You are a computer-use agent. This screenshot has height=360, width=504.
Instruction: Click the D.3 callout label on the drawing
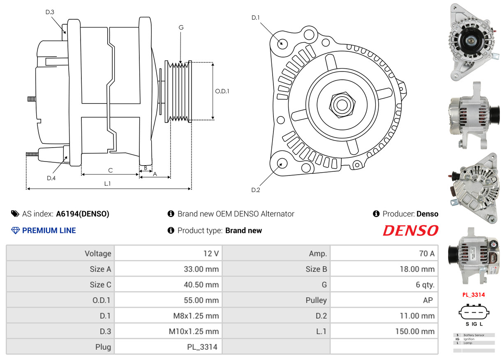(x=50, y=12)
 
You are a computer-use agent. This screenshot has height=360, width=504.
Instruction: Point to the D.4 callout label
(x=51, y=178)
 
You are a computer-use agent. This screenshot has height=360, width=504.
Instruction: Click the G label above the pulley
(x=181, y=28)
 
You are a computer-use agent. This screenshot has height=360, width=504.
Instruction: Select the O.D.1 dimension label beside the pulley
(x=222, y=91)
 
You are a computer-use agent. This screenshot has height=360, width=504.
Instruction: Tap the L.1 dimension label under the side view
(x=107, y=184)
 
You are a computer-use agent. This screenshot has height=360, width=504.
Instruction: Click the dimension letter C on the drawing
(x=110, y=170)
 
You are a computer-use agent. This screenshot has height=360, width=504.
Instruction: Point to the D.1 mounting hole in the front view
(x=282, y=43)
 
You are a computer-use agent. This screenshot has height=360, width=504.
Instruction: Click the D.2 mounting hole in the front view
(x=282, y=163)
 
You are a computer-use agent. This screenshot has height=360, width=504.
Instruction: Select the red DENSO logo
(x=410, y=231)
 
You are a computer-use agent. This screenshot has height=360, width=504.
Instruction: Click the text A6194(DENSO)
(x=83, y=214)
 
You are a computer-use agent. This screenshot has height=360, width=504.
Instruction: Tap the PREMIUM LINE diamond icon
(x=15, y=231)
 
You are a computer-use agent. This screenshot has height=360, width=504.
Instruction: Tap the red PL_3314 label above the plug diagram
(x=474, y=295)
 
